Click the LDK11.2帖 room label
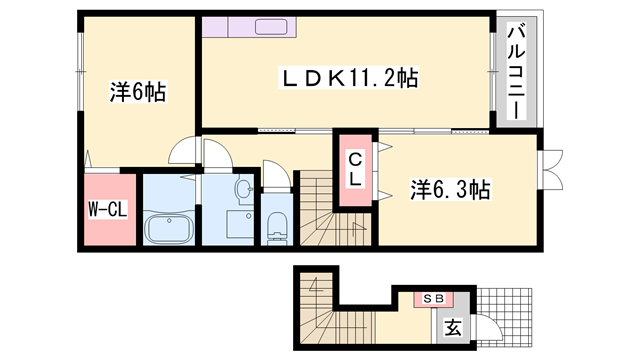click(x=349, y=78)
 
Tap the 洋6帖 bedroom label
click(x=138, y=92)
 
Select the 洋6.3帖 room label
click(x=450, y=190)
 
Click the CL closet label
click(x=355, y=170)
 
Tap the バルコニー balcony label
click(x=516, y=72)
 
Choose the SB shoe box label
click(x=433, y=299)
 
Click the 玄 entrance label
click(x=453, y=327)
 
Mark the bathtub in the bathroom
click(x=169, y=229)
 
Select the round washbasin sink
click(x=244, y=189)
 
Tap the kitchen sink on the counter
click(x=271, y=27)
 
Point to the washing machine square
click(x=240, y=224)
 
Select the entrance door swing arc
click(x=489, y=327)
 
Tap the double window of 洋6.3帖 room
click(x=550, y=170)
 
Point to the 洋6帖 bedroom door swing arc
click(x=182, y=151)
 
